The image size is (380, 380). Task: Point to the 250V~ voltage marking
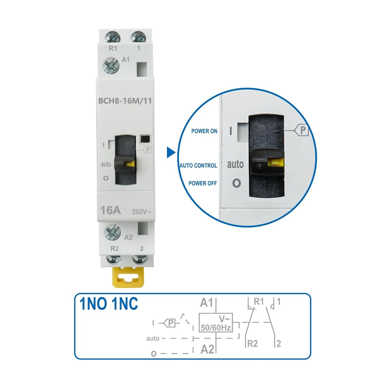[142, 212]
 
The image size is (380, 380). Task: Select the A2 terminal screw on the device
[111, 232]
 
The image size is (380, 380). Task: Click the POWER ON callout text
[204, 131]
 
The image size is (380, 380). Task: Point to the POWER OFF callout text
[203, 183]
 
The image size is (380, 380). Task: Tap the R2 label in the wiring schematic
[252, 343]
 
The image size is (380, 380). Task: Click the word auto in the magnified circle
[236, 165]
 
